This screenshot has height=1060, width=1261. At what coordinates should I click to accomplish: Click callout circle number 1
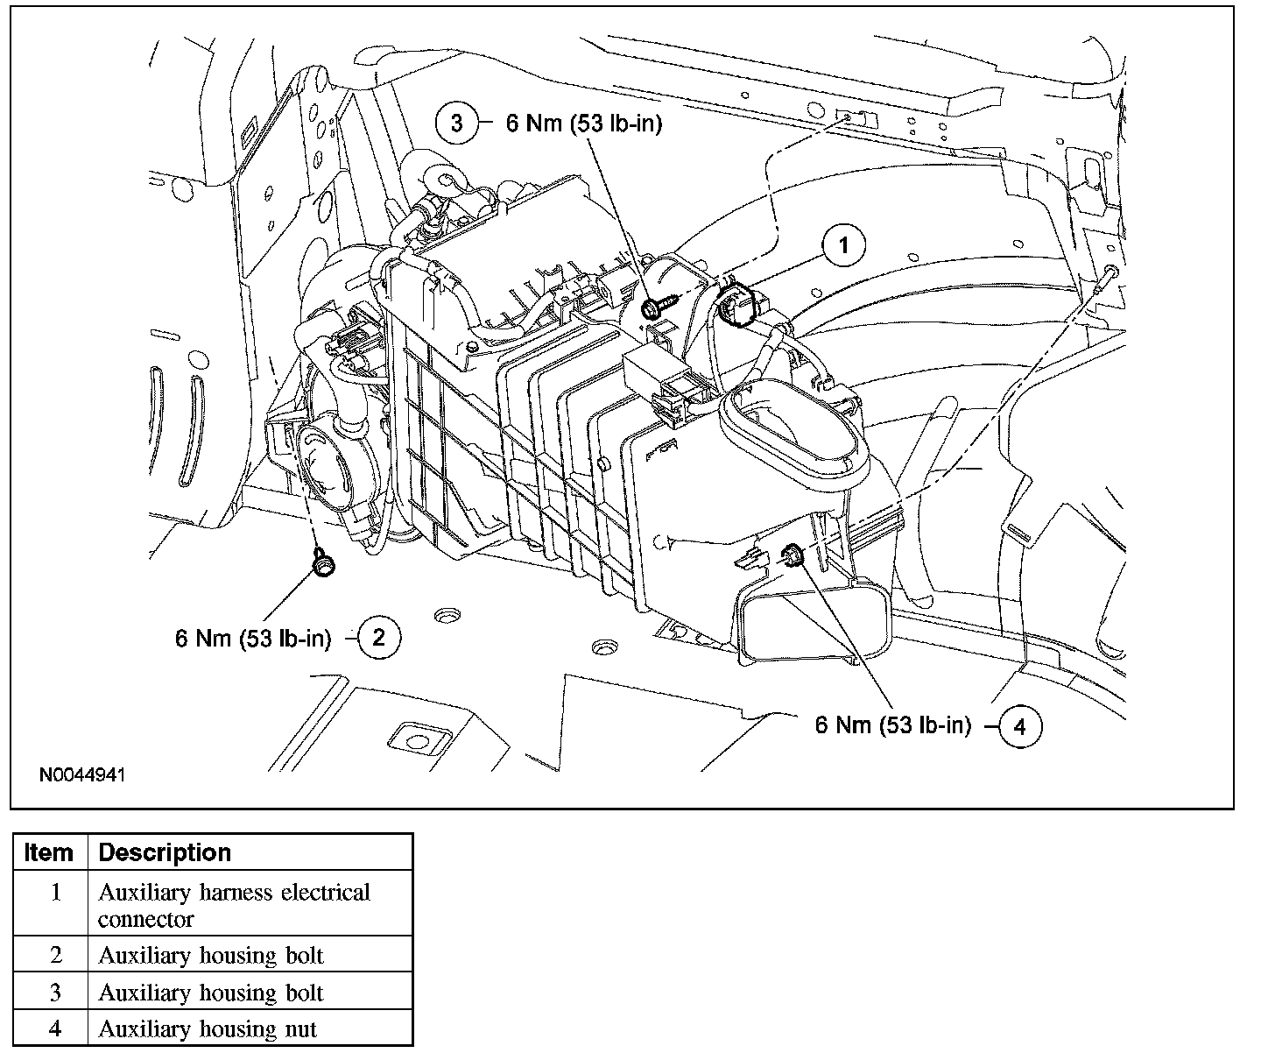[x=843, y=246]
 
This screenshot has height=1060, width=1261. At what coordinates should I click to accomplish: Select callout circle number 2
[x=378, y=637]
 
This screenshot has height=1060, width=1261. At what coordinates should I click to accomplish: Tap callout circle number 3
[x=457, y=124]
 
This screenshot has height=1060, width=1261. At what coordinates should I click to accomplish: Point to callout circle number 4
[x=1018, y=726]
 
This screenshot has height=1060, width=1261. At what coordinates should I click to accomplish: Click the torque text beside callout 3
[x=584, y=124]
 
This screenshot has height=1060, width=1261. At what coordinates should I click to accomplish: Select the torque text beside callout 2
[x=253, y=638]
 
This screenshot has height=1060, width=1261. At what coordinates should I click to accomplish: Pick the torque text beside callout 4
[x=893, y=725]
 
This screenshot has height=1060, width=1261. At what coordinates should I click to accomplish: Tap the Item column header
[x=50, y=852]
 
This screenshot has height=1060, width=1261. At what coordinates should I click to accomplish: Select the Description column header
[x=165, y=852]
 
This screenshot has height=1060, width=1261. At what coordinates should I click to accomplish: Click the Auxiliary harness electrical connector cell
[x=234, y=905]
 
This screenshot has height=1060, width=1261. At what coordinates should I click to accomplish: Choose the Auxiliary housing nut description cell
[x=208, y=1028]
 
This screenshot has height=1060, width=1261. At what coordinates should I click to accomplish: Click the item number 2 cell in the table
[x=55, y=955]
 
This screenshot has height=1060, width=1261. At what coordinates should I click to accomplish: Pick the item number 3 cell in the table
[x=55, y=993]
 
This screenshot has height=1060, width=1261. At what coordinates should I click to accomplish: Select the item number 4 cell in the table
[x=55, y=1028]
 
